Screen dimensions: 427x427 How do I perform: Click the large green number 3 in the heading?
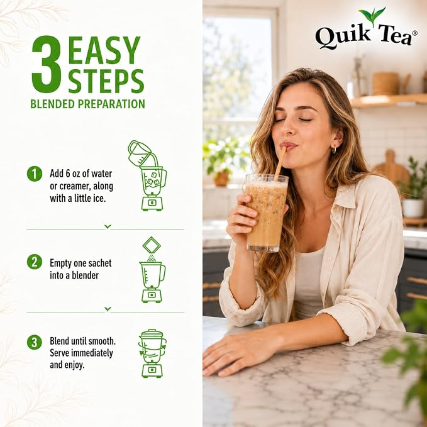click(47, 64)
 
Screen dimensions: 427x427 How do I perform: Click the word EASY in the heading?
click(104, 50)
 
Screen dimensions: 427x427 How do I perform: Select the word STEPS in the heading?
click(106, 81)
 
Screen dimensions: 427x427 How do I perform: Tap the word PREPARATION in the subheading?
click(111, 104)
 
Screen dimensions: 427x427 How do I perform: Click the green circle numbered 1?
click(35, 174)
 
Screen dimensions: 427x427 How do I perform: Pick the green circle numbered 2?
click(35, 262)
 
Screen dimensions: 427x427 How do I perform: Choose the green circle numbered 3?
click(35, 342)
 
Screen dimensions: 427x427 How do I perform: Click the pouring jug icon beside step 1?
click(140, 153)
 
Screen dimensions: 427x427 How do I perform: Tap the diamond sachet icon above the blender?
click(152, 245)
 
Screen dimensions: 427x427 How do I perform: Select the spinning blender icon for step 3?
click(152, 353)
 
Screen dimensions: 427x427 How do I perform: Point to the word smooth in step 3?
click(103, 341)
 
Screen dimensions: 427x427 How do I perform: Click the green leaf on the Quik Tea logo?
click(372, 16)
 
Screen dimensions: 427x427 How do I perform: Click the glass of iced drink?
click(267, 213)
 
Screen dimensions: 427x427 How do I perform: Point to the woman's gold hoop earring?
click(334, 150)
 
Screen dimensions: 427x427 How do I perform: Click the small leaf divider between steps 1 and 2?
click(108, 226)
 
